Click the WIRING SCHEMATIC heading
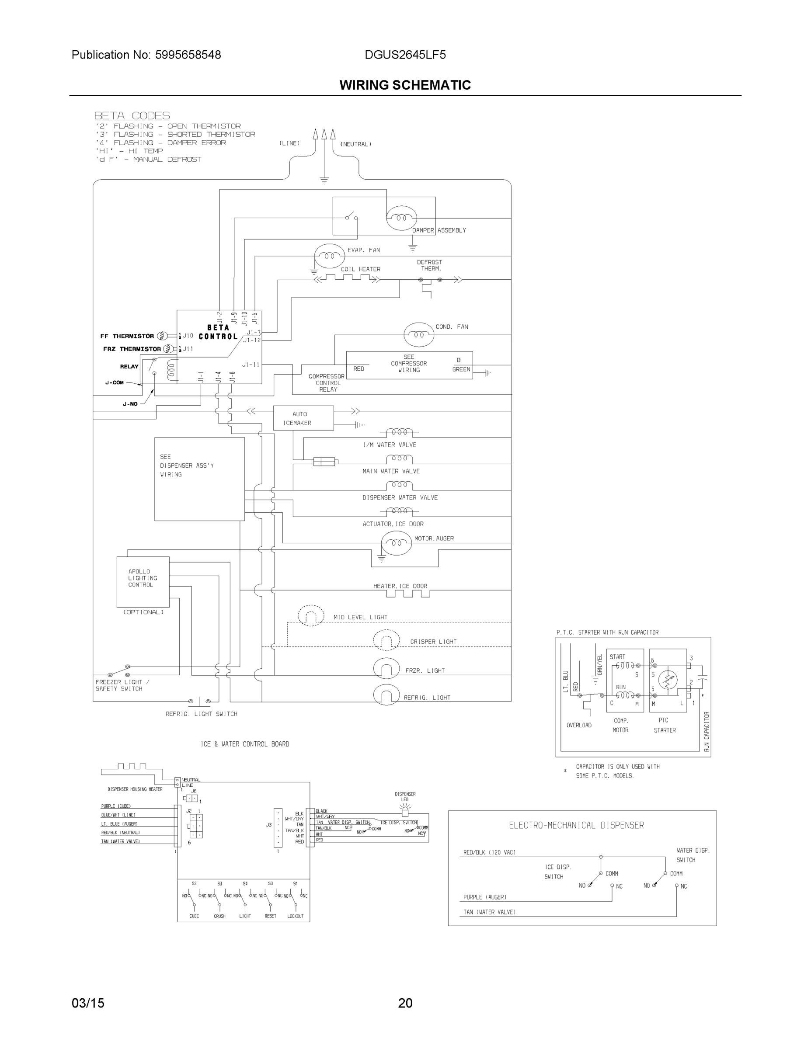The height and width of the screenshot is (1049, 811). click(x=405, y=85)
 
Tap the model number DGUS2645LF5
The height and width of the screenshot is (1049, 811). click(x=405, y=55)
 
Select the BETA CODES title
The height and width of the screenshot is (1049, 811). click(x=132, y=115)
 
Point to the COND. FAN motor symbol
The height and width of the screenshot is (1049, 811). click(x=418, y=335)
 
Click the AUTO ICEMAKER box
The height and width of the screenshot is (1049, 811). click(x=303, y=418)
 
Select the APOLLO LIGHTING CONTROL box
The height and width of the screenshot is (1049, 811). click(x=143, y=582)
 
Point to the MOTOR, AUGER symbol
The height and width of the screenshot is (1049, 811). click(x=396, y=543)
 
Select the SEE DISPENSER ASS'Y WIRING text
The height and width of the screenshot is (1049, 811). click(x=187, y=465)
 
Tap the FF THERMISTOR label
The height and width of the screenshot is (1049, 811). click(x=127, y=336)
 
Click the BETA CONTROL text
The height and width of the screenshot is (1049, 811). click(x=218, y=332)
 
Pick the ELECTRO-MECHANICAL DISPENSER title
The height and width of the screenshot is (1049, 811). click(x=576, y=825)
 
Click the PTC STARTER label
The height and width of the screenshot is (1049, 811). click(x=665, y=725)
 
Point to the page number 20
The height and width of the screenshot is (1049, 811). click(x=405, y=1003)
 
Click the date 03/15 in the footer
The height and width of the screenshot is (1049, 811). click(x=88, y=1003)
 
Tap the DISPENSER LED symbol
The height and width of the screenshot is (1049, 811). click(x=405, y=811)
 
